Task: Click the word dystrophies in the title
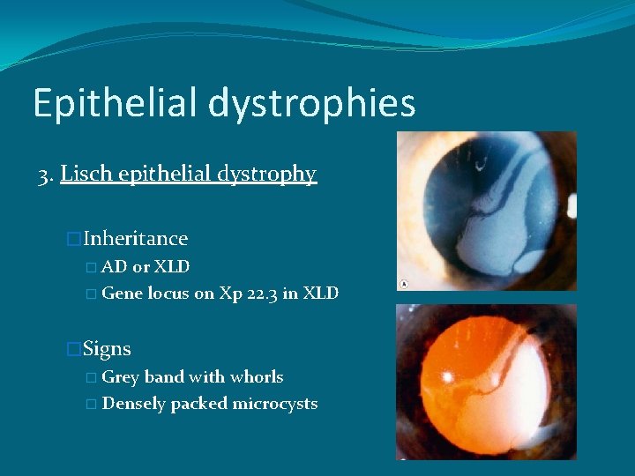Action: coord(312,104)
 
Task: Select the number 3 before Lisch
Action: coord(44,175)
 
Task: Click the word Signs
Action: coord(107,349)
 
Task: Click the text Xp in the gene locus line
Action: coord(233,294)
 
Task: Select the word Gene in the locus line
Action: coord(122,294)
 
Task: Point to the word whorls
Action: coord(257,377)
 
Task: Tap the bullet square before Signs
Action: coord(74,350)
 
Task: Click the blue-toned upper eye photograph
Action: coord(486,211)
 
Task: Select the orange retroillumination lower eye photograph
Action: coord(486,382)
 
